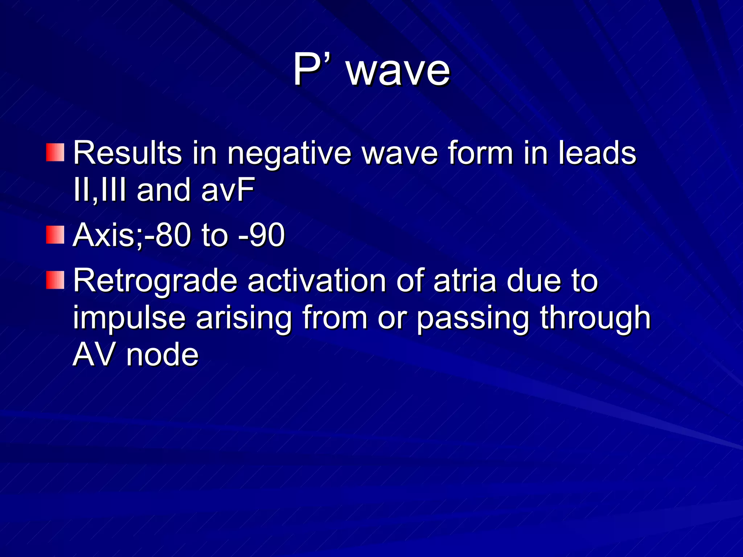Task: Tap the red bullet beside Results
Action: click(x=55, y=152)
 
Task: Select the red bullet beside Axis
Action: click(x=55, y=235)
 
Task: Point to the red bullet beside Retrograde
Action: click(x=55, y=280)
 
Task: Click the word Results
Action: click(x=127, y=153)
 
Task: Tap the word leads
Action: click(x=597, y=153)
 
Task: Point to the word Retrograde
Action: click(x=155, y=281)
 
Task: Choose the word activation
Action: click(x=317, y=281)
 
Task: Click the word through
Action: click(x=595, y=318)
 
